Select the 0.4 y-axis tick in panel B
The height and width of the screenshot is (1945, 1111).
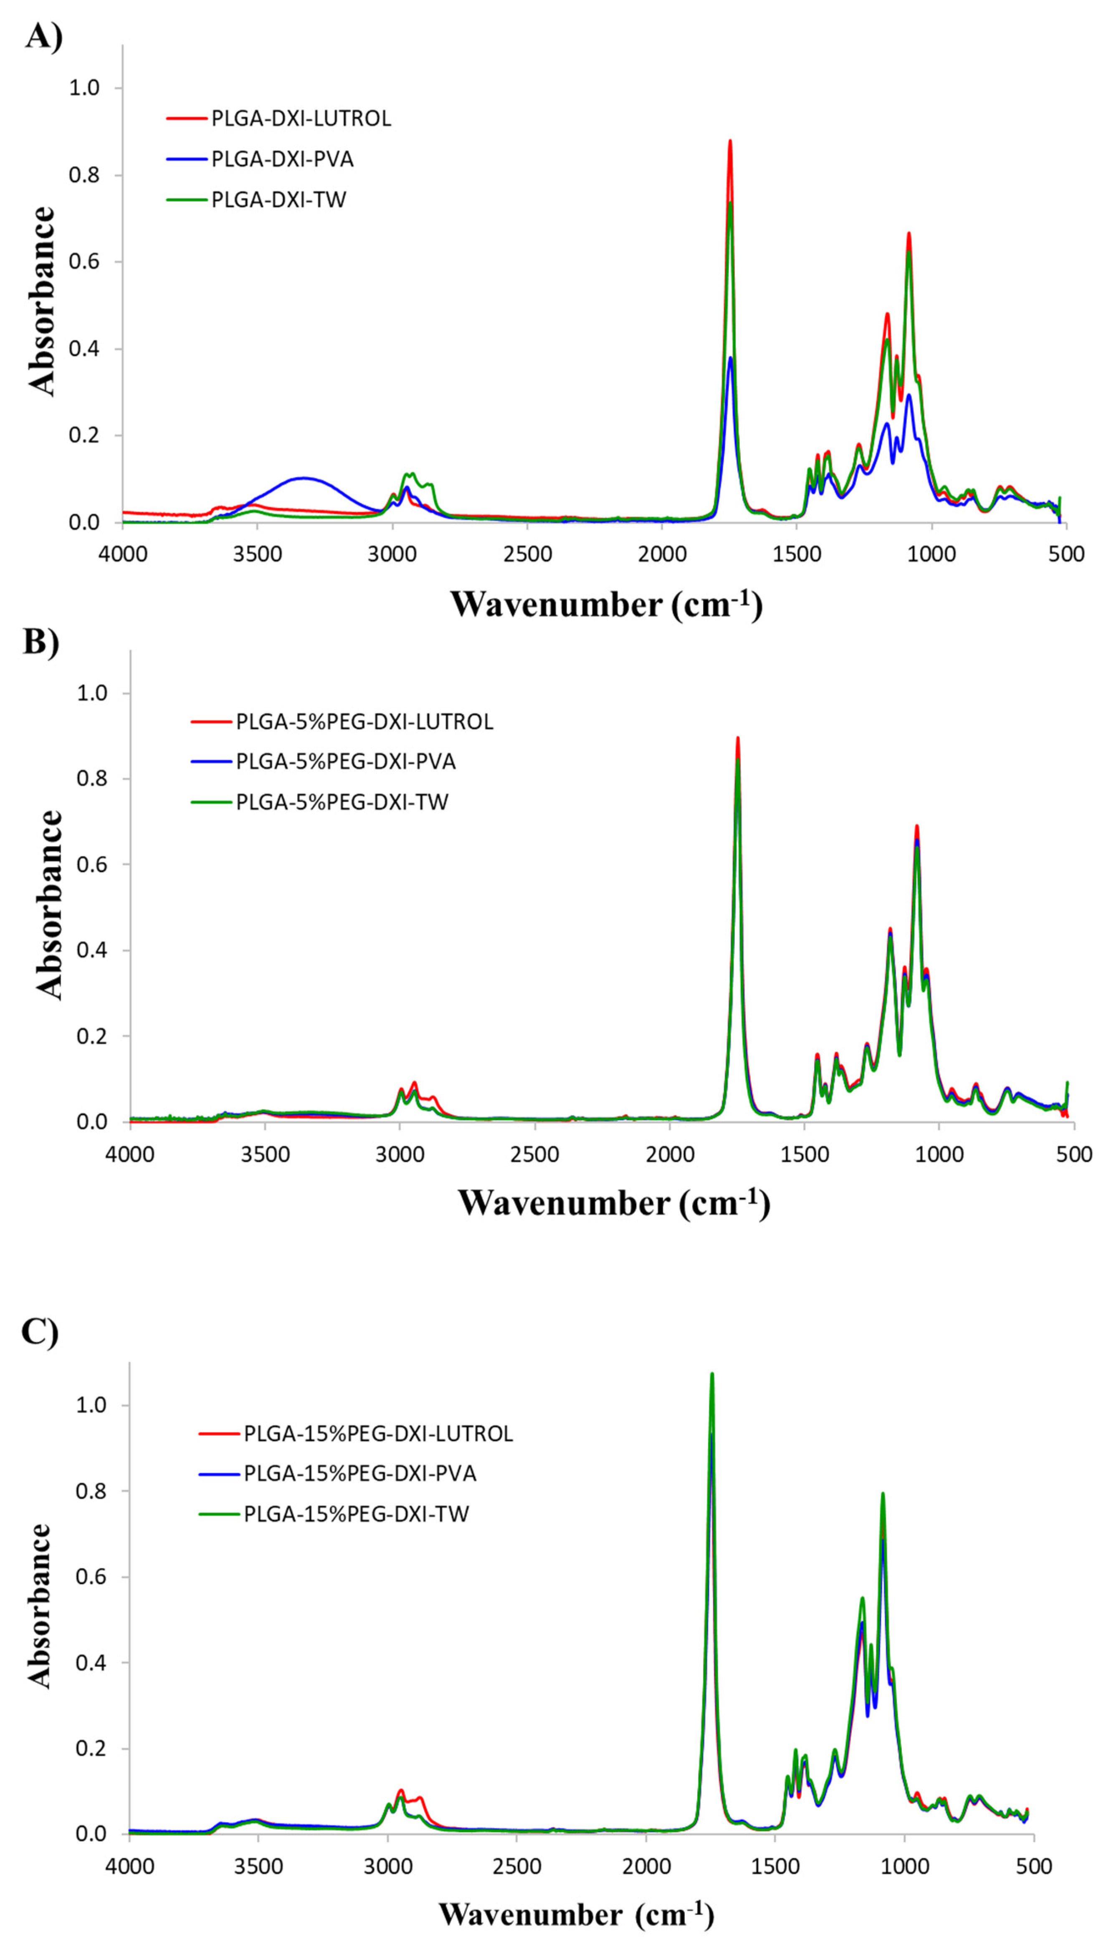click(91, 951)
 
